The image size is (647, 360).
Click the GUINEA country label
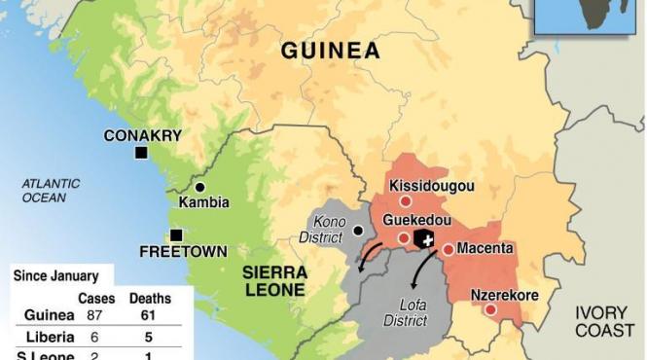coord(330,52)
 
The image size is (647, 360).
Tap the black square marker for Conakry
coord(141,154)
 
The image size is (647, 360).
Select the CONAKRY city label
coord(143,135)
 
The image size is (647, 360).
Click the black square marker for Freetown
coord(176,234)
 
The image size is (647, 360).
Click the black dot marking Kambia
coord(200,187)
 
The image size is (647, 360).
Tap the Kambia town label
coord(204,202)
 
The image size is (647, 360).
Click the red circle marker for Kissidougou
coord(405,200)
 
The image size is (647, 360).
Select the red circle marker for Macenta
coord(448,249)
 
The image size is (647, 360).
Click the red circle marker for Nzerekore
coord(490,309)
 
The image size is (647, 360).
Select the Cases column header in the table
coord(95,298)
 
